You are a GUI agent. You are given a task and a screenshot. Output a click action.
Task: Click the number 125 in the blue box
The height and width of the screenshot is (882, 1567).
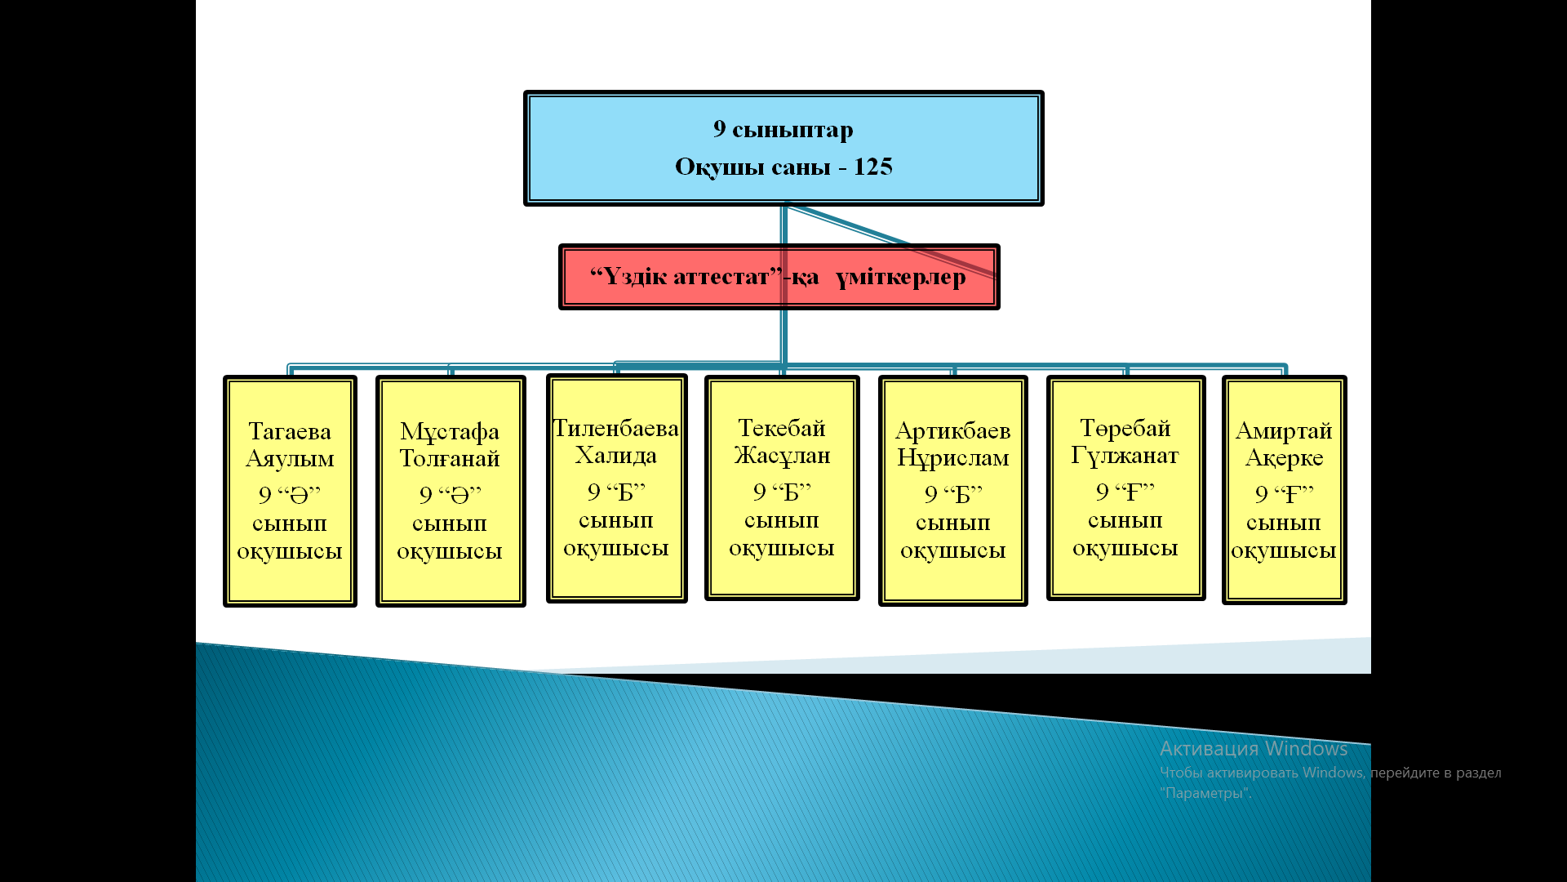[872, 167]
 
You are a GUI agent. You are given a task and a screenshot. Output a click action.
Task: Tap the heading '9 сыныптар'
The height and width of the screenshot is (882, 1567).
[783, 129]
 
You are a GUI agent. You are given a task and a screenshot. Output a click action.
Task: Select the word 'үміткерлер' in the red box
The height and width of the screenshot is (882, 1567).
[900, 277]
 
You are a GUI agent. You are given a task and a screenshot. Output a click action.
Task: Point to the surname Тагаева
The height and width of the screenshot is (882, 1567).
[290, 431]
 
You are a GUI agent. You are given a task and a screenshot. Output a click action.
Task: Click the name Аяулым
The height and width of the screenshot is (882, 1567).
[290, 458]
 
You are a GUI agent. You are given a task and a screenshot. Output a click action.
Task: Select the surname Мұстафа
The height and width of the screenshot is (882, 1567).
[450, 431]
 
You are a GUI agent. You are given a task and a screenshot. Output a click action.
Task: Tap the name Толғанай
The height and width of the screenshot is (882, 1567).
[450, 458]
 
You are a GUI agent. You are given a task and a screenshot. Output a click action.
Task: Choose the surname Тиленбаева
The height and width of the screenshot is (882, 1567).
[616, 428]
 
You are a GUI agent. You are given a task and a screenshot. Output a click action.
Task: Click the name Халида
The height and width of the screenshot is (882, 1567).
[616, 455]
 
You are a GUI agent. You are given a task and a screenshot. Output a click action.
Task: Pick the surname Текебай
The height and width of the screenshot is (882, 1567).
[782, 428]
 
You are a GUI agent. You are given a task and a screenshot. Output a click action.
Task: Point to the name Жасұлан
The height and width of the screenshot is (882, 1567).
[782, 455]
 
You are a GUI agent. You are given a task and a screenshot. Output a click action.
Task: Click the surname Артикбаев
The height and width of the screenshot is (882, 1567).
[953, 430]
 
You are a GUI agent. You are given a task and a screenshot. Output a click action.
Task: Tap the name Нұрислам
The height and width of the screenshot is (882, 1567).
[953, 457]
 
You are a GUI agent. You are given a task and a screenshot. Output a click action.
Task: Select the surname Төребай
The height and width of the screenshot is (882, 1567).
[1125, 428]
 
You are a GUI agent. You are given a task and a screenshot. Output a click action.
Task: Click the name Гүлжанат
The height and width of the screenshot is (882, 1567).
[1125, 455]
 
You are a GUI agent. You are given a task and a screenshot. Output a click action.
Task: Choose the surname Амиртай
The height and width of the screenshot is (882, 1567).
[1284, 430]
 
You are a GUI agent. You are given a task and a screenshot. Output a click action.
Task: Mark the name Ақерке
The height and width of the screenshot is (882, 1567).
[1284, 458]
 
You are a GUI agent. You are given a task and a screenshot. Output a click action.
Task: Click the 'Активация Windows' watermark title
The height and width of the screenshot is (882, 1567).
[1254, 749]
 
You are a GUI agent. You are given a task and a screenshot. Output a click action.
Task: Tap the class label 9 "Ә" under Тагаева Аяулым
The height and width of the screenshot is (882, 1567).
[290, 494]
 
